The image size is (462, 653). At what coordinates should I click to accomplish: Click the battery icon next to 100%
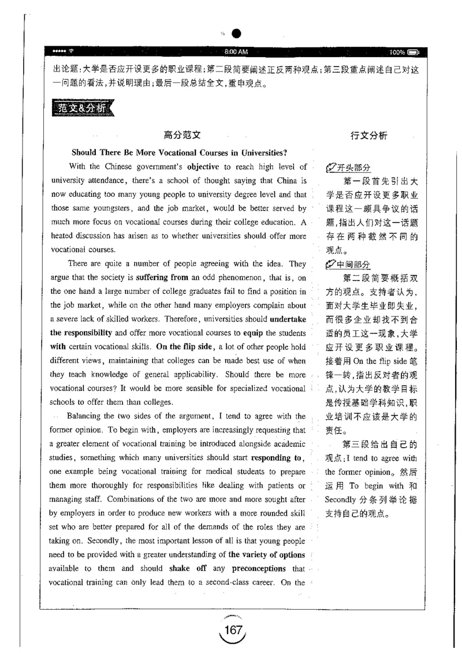click(x=415, y=52)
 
